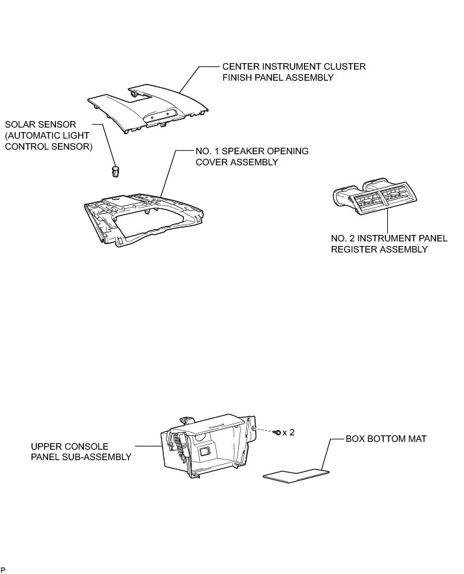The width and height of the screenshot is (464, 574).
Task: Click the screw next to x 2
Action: pos(277,432)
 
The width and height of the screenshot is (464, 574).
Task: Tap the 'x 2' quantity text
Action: pos(289,432)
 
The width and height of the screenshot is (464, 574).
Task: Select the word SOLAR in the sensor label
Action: pos(20,124)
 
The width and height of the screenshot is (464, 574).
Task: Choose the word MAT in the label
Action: pos(417,439)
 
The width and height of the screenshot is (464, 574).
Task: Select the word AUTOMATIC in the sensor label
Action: pos(38,135)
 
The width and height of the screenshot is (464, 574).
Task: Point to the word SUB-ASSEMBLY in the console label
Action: pos(98,457)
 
